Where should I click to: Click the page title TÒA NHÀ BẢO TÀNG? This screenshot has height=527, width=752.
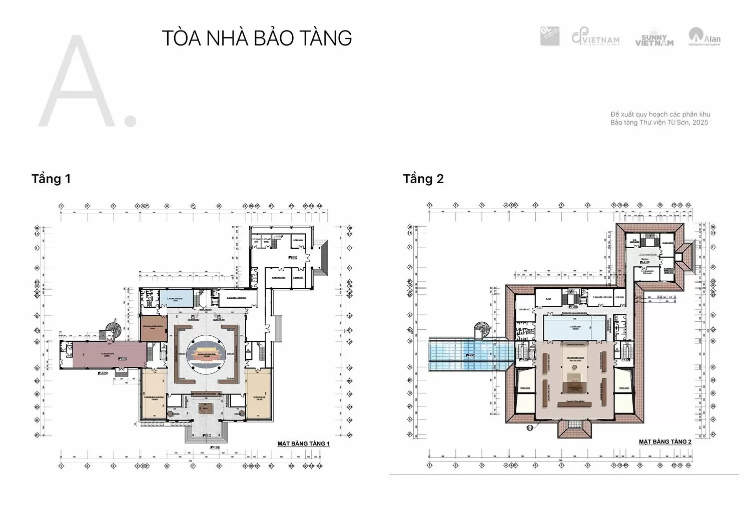coord(257,38)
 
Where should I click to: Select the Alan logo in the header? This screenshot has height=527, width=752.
coord(704,37)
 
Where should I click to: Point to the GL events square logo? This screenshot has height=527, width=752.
coord(550,36)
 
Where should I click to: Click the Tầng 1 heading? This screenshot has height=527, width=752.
coord(51,179)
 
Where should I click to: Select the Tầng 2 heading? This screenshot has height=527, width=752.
coord(423,179)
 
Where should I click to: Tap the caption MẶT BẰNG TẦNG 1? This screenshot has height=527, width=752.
coord(303,444)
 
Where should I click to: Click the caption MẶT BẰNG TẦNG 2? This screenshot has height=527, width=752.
coord(665,442)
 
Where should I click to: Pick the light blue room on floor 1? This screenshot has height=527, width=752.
coord(179,299)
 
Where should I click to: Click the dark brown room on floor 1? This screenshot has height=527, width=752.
coord(153,328)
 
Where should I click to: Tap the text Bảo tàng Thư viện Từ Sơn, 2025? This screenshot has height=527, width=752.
coord(659,123)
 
